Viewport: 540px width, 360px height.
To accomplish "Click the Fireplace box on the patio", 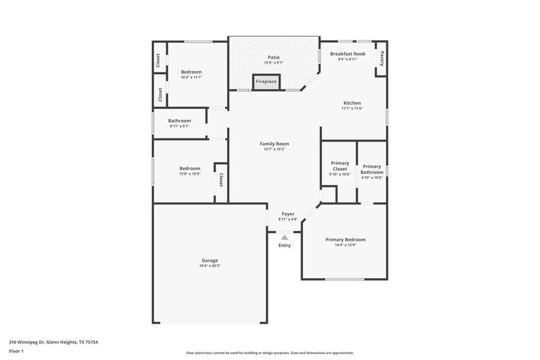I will (x=266, y=81).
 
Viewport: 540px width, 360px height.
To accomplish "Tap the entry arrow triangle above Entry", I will (x=285, y=237).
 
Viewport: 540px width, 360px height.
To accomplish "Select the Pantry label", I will (x=382, y=59).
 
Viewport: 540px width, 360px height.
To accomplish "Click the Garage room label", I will (x=210, y=260).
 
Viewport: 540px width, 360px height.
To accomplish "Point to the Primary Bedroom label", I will (x=345, y=239).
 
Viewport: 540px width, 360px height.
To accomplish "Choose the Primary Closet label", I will (x=340, y=166).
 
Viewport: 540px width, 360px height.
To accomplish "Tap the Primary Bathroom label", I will (x=372, y=169).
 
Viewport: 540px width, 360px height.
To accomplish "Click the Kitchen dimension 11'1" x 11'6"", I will (x=352, y=108).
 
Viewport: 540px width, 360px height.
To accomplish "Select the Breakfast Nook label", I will (x=348, y=54).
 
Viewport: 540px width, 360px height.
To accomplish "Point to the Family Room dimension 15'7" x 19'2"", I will (x=274, y=149).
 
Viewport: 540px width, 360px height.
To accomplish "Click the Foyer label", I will (x=288, y=214).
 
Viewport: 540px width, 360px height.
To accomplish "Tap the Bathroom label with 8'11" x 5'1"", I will (x=179, y=121).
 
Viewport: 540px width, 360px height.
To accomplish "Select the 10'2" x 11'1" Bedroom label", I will (x=191, y=72).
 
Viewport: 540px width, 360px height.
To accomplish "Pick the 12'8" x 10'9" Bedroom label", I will (x=190, y=168).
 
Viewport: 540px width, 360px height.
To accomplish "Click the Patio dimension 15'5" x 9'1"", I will (x=274, y=62).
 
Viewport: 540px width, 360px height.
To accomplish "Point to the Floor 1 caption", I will (x=16, y=351).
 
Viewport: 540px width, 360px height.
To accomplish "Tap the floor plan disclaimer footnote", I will (x=270, y=353).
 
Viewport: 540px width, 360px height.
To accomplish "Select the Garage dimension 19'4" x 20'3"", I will (x=210, y=266).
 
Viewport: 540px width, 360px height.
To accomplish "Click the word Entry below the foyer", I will (x=285, y=246).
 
